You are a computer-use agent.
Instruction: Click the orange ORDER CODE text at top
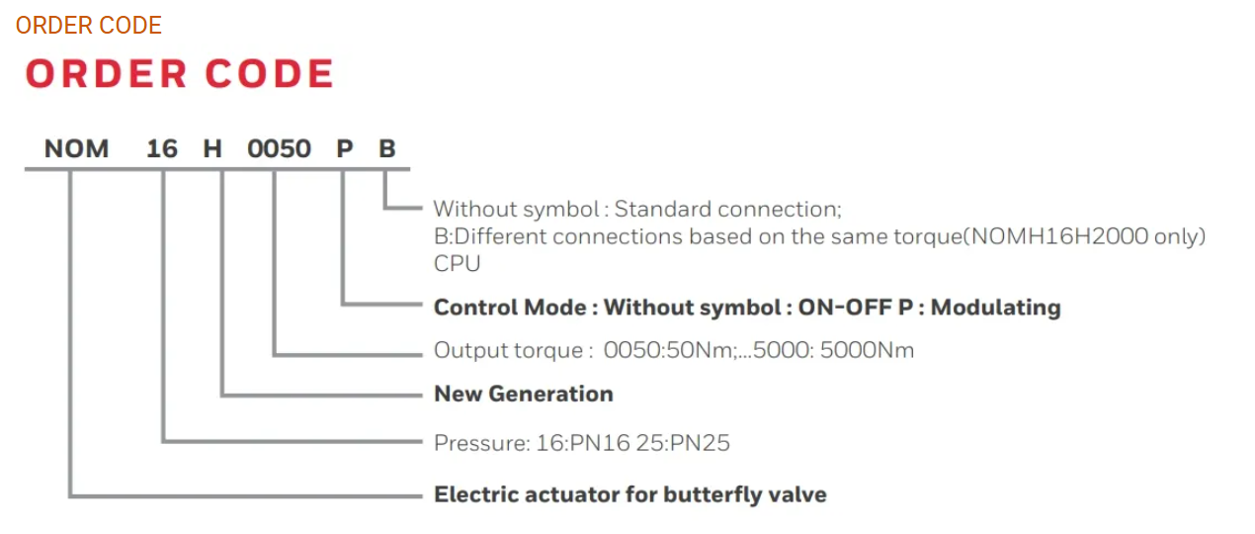[x=88, y=26]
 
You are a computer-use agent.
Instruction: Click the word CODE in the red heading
[x=269, y=75]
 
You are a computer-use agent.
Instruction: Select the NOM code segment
[x=76, y=149]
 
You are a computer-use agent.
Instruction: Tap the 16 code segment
[x=162, y=149]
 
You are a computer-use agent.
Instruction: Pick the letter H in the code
[x=212, y=149]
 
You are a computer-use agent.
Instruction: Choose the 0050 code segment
[x=279, y=149]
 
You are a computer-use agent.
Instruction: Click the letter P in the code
[x=344, y=149]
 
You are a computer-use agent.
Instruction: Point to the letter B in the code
[x=387, y=149]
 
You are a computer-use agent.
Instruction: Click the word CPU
[x=457, y=264]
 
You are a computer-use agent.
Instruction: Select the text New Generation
[x=524, y=394]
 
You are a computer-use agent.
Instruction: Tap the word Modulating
[x=995, y=308]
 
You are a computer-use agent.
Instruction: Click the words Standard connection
[x=727, y=210]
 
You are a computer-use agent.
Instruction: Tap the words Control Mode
[x=509, y=308]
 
